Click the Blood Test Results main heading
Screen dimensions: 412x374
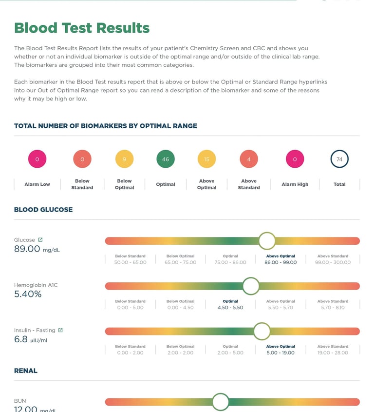point(82,28)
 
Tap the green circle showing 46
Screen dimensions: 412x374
point(166,159)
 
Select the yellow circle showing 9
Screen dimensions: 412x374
point(124,159)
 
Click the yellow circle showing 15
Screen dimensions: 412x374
point(206,159)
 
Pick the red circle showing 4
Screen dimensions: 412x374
point(249,159)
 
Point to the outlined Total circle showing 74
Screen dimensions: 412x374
point(339,159)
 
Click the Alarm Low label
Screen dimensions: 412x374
point(37,184)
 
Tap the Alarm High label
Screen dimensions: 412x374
point(295,184)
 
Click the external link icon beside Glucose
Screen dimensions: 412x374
point(40,239)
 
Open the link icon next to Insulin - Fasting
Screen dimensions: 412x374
point(60,330)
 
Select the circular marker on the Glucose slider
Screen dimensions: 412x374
point(267,241)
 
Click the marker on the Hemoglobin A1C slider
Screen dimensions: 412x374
point(251,286)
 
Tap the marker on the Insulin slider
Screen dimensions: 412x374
point(262,331)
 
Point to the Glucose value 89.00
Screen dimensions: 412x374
point(27,249)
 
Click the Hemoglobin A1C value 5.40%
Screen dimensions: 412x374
point(28,294)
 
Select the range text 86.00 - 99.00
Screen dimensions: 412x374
point(280,262)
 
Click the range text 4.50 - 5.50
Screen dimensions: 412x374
point(230,308)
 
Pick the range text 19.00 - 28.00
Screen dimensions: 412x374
point(333,353)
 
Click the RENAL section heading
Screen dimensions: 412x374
point(26,371)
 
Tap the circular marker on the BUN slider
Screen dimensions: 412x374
point(221,402)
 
